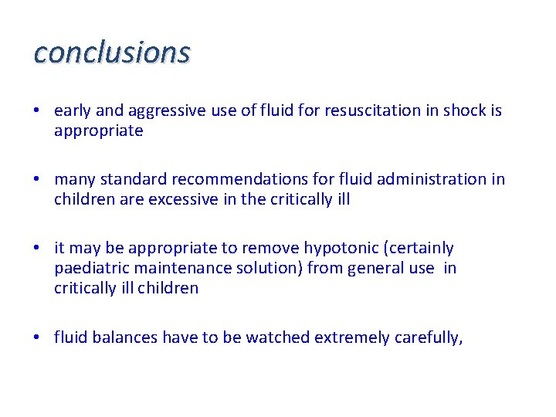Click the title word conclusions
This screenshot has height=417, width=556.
(112, 53)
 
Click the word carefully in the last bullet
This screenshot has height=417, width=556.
(428, 337)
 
